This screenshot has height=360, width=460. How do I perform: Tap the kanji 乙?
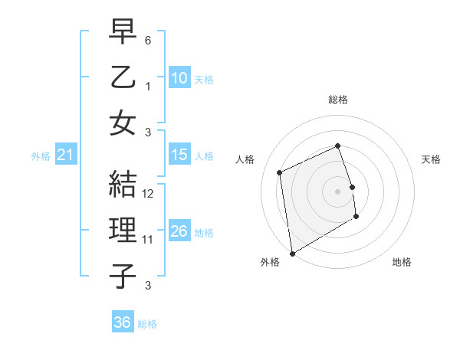123,77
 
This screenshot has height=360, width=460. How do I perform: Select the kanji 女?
123,123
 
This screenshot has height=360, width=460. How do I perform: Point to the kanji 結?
123,184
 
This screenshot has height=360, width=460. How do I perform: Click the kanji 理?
123,230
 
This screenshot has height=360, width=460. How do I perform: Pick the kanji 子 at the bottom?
123,276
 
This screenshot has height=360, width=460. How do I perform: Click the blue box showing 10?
179,77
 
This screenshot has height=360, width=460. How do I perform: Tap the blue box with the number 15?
179,155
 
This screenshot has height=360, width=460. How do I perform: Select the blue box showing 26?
179,231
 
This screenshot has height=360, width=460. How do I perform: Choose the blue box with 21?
66,155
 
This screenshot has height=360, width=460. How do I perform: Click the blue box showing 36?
122,322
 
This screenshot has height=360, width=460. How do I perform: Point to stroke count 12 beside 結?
149,194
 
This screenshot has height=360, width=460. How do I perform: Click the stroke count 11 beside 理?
148,240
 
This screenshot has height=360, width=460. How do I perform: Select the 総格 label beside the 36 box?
147,324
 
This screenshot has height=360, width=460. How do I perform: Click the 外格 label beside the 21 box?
41,156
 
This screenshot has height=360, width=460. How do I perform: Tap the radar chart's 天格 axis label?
431,159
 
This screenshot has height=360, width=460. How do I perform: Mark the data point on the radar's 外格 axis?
292,253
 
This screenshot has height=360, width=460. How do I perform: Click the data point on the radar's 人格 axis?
280,172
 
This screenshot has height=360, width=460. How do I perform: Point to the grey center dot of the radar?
337,191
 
